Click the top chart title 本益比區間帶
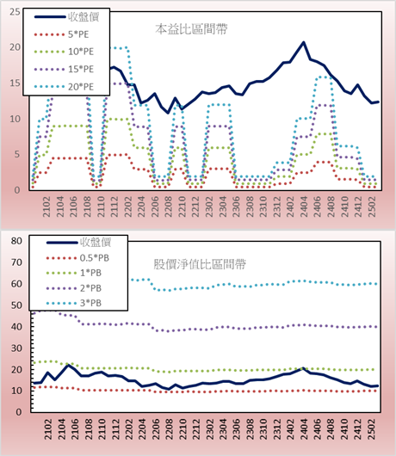tap(191, 29)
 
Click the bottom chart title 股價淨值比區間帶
tap(200, 264)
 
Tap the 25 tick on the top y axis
tap(15, 12)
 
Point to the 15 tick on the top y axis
tap(15, 83)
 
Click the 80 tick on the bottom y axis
tap(16, 241)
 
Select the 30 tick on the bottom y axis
tap(16, 348)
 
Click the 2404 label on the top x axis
tap(304, 206)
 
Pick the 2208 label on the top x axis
tap(168, 206)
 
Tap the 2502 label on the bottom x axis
tap(372, 429)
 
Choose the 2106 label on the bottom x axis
tap(75, 429)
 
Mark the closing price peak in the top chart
tap(304, 42)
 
